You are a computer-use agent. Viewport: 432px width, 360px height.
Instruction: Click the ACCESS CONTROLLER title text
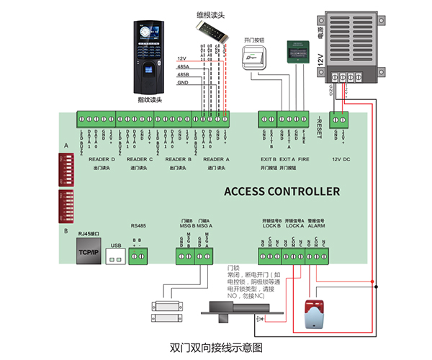point(282,192)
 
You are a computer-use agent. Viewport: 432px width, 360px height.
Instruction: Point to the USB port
point(114,253)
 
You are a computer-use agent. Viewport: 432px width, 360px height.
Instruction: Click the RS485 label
point(138,225)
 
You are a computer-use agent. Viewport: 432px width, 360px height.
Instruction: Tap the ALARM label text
point(316,225)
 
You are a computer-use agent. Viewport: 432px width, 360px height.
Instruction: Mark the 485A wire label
point(182,66)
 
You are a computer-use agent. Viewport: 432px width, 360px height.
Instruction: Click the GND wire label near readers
point(182,83)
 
